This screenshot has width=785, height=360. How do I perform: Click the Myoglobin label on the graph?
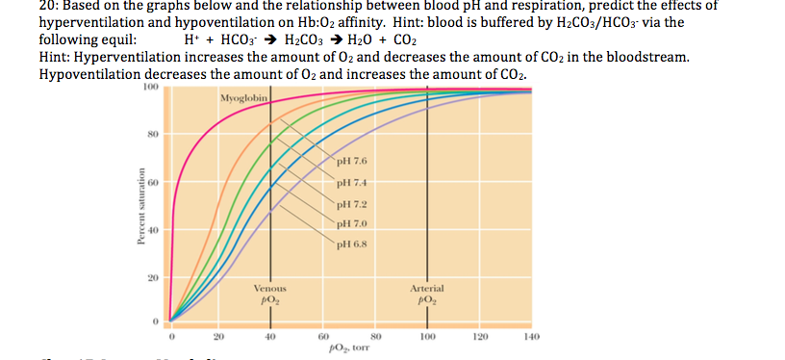click(x=241, y=99)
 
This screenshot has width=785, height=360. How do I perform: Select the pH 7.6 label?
click(x=354, y=162)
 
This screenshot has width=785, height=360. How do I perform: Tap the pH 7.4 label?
click(x=354, y=183)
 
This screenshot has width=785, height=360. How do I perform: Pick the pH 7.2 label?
click(x=354, y=204)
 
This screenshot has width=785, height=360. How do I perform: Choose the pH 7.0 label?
click(x=354, y=224)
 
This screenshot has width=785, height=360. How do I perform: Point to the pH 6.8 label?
click(x=354, y=245)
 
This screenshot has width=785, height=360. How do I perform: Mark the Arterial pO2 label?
click(x=425, y=294)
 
